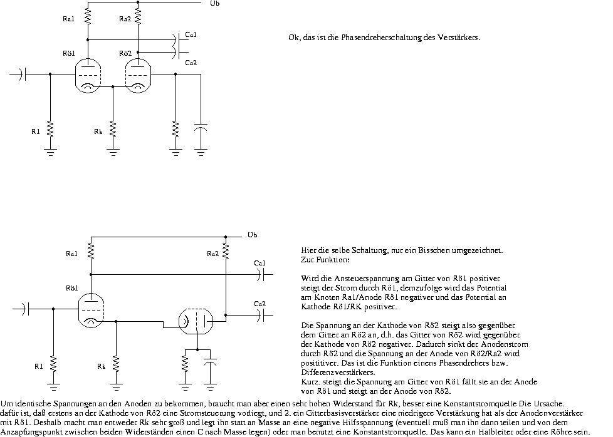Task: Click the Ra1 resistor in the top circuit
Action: [88, 17]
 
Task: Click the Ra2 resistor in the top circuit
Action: [138, 17]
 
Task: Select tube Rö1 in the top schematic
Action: [88, 75]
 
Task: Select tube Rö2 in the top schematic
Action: [138, 75]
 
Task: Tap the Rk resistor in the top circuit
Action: [113, 129]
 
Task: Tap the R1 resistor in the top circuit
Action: [50, 129]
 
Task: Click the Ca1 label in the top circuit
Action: [191, 35]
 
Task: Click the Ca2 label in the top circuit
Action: [191, 63]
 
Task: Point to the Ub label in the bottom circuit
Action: [252, 235]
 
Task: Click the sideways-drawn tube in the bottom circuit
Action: [196, 321]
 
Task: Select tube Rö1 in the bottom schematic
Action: [91, 311]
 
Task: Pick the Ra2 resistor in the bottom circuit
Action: [226, 251]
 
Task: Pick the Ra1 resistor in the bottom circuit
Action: [91, 251]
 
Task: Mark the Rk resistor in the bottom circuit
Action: [116, 364]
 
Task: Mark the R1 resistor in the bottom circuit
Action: [53, 364]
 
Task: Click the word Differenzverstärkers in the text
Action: [338, 372]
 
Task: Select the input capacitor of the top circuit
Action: [22, 74]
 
